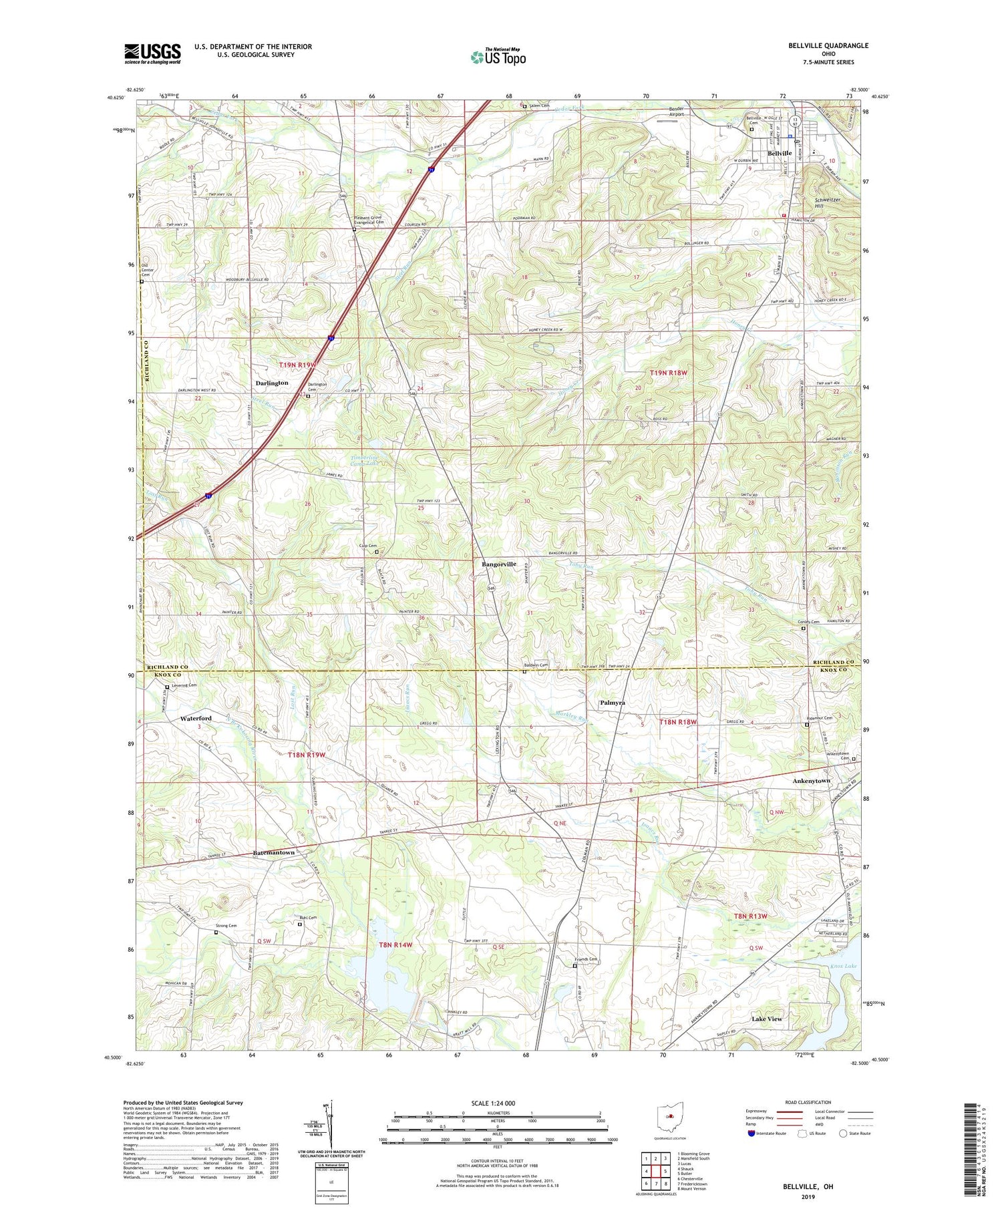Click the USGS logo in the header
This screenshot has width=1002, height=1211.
[152, 53]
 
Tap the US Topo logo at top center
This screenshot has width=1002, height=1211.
[498, 57]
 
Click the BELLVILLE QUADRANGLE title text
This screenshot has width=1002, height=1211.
[828, 45]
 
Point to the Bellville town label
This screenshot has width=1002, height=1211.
[780, 154]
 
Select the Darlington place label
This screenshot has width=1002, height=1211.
[272, 383]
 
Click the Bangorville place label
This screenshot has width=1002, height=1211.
[499, 564]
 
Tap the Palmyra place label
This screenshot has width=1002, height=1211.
[612, 703]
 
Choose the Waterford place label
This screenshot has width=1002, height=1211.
[196, 719]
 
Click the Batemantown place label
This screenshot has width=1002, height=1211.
[274, 853]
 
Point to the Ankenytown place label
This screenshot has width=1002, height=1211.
[811, 781]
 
